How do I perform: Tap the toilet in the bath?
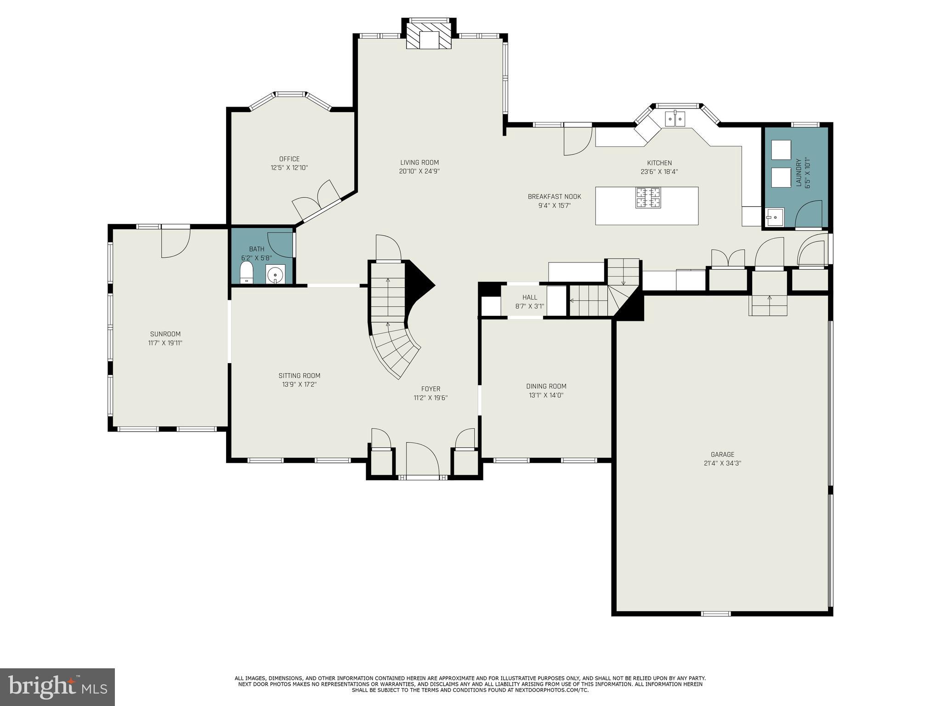(x=247, y=273)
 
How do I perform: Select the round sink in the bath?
(x=275, y=274)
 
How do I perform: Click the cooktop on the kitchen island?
(x=648, y=198)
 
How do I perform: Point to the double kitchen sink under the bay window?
(x=675, y=119)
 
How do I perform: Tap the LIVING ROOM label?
(x=419, y=162)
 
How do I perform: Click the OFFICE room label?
(x=289, y=159)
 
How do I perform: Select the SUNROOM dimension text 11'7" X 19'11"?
(x=165, y=343)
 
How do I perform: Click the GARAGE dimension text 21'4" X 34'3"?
(x=722, y=463)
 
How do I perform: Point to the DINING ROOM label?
(x=546, y=386)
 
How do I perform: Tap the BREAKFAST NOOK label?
(x=554, y=197)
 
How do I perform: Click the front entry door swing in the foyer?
(x=422, y=459)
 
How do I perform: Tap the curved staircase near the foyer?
(x=395, y=349)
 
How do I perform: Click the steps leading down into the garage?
(x=768, y=305)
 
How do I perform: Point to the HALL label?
(x=529, y=297)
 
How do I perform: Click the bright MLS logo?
(x=57, y=687)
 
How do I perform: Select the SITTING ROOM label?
(x=299, y=376)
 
